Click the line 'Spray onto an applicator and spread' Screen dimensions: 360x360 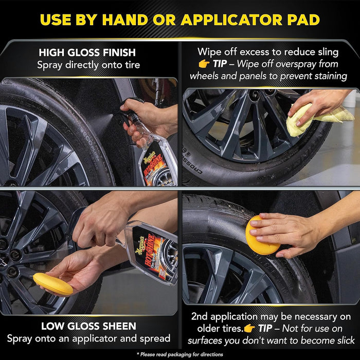pyautogui.click(x=89, y=338)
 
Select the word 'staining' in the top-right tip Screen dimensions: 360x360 pyautogui.click(x=328, y=76)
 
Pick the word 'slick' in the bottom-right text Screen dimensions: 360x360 pyautogui.click(x=343, y=340)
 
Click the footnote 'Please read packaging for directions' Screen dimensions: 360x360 pyautogui.click(x=180, y=354)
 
